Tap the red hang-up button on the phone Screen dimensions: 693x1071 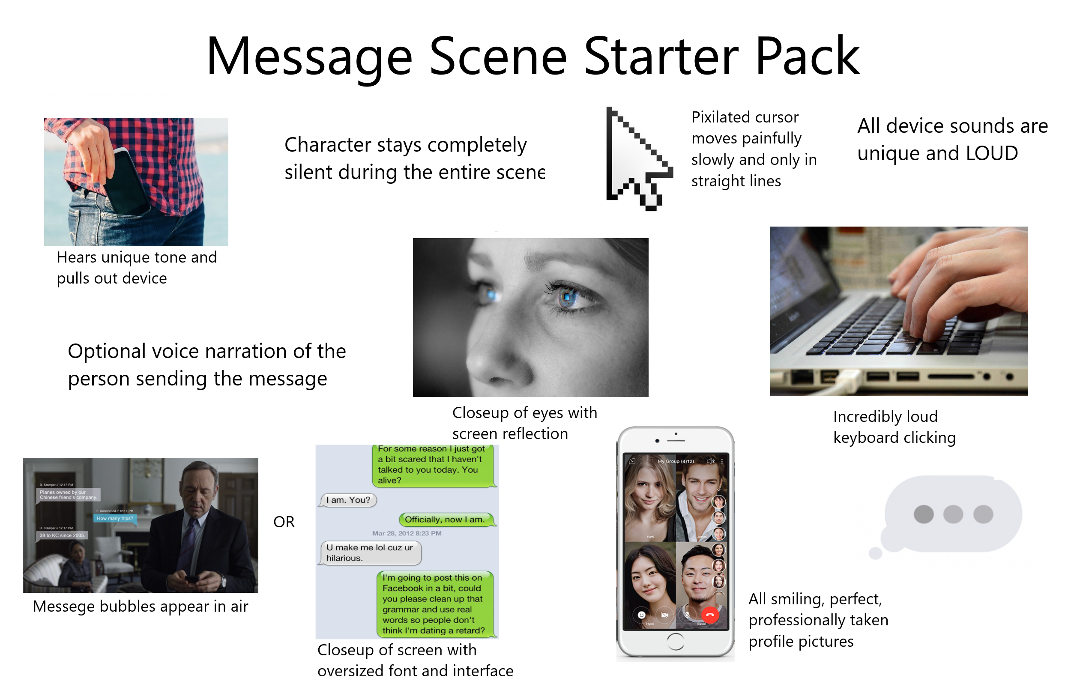tap(710, 615)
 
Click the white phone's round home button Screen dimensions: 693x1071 tap(675, 641)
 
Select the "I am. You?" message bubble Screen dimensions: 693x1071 tap(348, 500)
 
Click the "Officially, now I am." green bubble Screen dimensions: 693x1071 tap(445, 520)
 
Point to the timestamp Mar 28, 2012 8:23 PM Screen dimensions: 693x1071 tap(407, 533)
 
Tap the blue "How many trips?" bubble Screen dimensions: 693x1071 tap(115, 518)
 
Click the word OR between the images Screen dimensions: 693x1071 tap(284, 522)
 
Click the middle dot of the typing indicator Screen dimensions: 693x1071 tap(953, 514)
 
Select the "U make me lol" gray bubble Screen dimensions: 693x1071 tap(369, 553)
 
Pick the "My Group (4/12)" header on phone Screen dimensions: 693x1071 tap(676, 461)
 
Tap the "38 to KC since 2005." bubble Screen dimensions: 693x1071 tap(62, 535)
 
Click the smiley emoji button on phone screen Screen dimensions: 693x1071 tap(642, 615)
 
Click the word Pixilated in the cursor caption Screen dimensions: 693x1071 tap(721, 117)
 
